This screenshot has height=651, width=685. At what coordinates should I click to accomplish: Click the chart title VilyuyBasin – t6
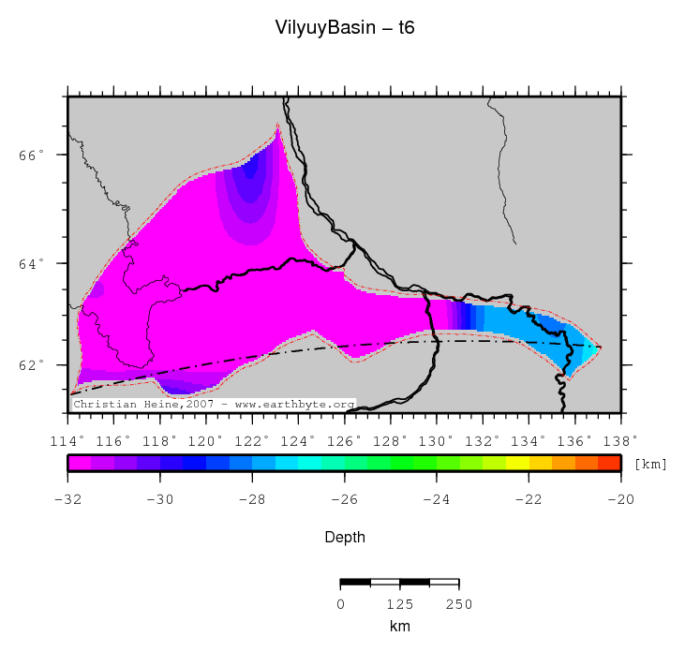coord(344,28)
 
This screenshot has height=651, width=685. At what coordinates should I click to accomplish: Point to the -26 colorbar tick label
coord(344,499)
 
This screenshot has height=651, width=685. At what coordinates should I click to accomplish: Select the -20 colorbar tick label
coord(619,499)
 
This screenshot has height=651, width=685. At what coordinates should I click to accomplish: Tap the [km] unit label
coord(650,464)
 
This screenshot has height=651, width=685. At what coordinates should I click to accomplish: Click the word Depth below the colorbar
coord(344,538)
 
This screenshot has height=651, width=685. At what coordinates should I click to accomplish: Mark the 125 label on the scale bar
coord(399,604)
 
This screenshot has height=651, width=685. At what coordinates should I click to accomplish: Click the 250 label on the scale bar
coord(458,604)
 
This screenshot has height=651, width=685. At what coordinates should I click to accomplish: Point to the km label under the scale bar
coord(399,626)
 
